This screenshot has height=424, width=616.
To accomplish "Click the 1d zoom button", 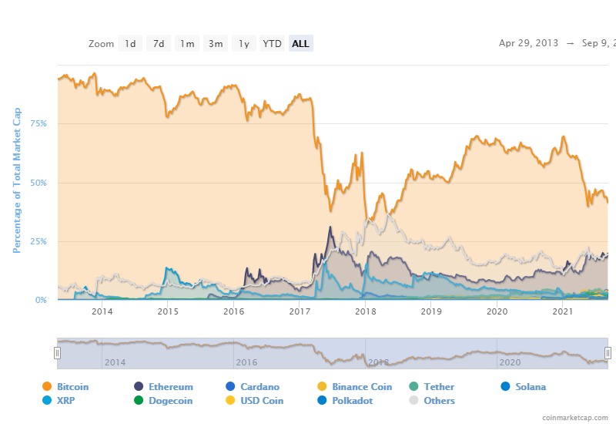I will coord(130,44).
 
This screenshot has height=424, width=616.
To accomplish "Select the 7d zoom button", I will coord(159,44).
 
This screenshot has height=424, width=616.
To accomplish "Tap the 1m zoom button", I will coord(187,44).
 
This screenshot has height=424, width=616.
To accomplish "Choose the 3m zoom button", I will coord(216,44).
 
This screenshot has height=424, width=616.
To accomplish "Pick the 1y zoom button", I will coord(243,44).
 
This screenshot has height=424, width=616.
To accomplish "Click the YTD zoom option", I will coord(272,44).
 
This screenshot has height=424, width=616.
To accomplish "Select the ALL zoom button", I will coord(300,44).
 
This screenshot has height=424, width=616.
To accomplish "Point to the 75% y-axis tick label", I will coord(38,124).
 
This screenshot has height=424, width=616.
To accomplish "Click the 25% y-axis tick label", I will coord(38,241).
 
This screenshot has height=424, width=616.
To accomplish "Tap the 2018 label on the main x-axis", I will coord(365,311).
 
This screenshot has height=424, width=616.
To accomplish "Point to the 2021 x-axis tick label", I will coord(564,311).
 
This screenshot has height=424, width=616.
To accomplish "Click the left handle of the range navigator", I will coord(56,352).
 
